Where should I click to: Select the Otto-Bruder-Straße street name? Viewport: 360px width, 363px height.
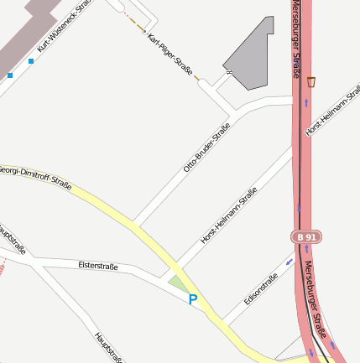(x=206, y=148)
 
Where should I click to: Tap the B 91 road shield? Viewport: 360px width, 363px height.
(x=306, y=237)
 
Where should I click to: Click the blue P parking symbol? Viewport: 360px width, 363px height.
(x=193, y=299)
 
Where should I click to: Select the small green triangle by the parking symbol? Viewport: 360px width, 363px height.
(x=178, y=285)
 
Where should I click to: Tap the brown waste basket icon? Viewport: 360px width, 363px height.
(x=312, y=81)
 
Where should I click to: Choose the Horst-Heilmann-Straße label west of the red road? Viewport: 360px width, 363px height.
(x=229, y=215)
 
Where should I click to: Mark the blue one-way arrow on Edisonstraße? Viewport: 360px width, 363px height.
(x=290, y=261)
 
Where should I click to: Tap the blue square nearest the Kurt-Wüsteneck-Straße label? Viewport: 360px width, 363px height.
(x=31, y=60)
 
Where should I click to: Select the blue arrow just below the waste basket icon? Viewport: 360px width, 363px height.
(x=307, y=102)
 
